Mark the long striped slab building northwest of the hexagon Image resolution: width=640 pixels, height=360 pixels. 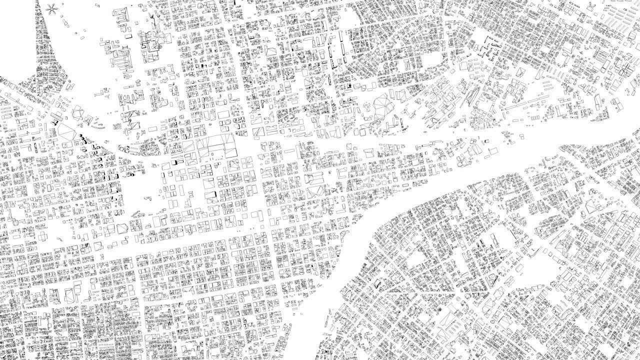click(x=54, y=118)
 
